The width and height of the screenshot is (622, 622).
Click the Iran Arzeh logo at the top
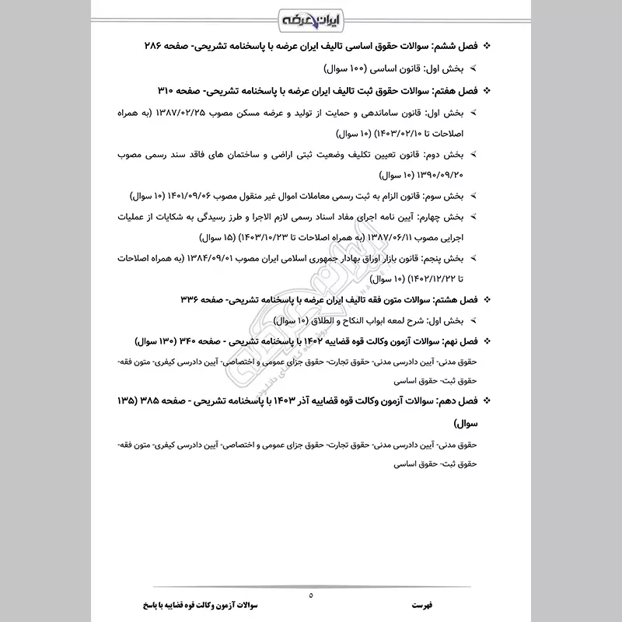pos(310,17)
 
